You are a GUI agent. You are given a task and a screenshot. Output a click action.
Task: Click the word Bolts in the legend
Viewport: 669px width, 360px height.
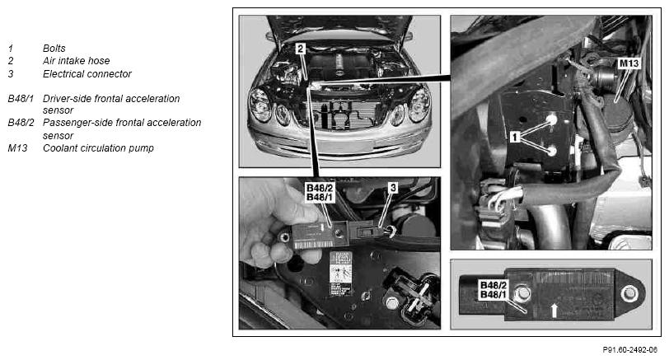point(54,49)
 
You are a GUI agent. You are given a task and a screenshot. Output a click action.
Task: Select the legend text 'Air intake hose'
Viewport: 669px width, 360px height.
point(76,61)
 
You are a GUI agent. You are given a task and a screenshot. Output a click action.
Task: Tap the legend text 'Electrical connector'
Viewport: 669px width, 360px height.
point(87,74)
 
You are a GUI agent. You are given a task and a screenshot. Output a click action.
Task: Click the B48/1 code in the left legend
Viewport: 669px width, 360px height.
point(21,99)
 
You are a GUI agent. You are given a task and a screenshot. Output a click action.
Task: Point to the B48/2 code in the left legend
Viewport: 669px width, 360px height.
point(21,123)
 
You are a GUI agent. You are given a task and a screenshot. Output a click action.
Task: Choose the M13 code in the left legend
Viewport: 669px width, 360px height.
point(17,148)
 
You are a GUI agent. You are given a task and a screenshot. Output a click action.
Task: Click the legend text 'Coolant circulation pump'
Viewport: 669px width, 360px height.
point(98,148)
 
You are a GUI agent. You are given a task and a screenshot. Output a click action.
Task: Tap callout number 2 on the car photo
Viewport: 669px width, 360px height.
point(301,49)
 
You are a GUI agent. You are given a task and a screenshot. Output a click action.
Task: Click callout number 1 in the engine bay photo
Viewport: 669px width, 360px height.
point(515,137)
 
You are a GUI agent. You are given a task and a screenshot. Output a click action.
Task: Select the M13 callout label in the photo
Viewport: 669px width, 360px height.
point(629,63)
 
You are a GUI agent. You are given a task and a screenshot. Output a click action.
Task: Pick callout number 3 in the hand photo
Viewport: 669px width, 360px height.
point(393,187)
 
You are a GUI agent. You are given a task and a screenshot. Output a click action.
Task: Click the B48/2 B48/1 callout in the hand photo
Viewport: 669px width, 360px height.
point(320,193)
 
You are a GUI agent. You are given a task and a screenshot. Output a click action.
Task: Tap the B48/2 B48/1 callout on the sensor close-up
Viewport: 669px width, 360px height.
point(494,290)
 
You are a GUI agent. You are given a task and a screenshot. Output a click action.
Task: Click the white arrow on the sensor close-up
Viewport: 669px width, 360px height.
point(554,310)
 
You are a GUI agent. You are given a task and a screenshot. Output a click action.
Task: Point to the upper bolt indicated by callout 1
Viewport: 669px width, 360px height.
point(552,119)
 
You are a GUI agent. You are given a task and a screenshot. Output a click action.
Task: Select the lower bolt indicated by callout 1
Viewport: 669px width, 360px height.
point(552,151)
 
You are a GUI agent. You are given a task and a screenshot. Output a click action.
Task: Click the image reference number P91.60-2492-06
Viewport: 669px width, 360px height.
point(629,350)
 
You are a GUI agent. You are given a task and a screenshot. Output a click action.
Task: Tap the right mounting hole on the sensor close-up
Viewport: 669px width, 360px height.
point(629,294)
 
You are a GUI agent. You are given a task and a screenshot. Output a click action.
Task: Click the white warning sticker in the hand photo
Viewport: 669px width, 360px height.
point(341,274)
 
